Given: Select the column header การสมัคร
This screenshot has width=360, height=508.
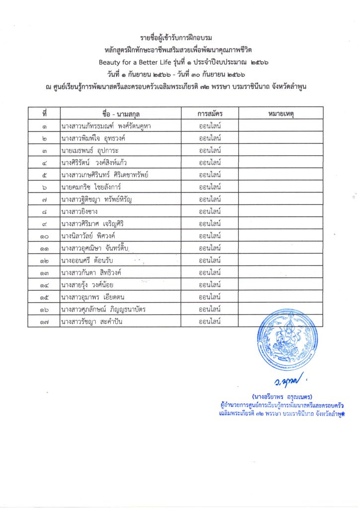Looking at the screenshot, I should (x=210, y=114).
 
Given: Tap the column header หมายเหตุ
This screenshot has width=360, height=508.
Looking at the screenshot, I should (x=281, y=114).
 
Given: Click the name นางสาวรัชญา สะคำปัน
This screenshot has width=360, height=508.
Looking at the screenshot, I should (x=91, y=321).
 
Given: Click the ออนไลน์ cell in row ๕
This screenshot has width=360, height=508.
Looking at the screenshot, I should (x=210, y=175).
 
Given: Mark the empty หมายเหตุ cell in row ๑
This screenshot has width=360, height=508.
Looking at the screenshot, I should (x=281, y=126).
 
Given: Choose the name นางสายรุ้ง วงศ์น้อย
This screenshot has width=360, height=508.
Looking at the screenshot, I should (x=89, y=284).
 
